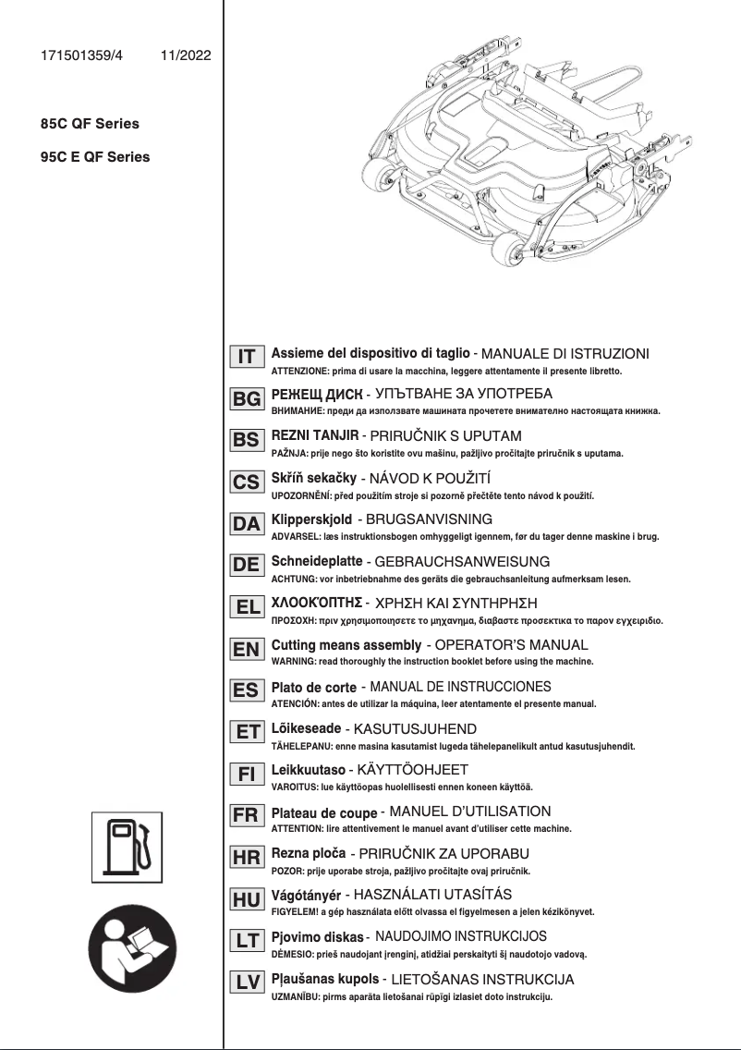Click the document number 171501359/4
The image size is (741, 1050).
tap(81, 55)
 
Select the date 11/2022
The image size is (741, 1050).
tap(186, 55)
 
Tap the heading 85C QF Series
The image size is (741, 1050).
tap(84, 124)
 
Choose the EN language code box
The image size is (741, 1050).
tap(247, 649)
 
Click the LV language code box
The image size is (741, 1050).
tap(247, 983)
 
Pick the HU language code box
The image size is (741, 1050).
tap(247, 899)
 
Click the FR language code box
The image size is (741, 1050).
tap(247, 816)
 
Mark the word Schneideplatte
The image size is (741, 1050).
tap(316, 561)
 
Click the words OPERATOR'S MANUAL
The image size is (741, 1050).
tap(511, 645)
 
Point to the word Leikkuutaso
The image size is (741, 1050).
tap(308, 769)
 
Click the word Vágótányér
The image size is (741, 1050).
tap(305, 895)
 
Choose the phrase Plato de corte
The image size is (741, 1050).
tap(313, 688)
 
